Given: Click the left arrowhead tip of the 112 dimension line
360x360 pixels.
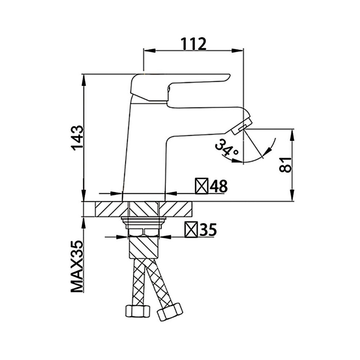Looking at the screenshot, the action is (144, 50).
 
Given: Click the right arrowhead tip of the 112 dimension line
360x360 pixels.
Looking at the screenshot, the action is (243, 50).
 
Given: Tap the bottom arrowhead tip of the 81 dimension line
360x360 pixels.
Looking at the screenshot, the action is (292, 201).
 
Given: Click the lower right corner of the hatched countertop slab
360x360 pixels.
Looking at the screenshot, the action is (192, 216).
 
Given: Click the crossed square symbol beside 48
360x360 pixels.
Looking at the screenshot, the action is (202, 186).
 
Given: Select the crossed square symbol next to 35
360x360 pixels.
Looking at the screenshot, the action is (191, 229).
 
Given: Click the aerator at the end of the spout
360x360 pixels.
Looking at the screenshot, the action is (241, 126).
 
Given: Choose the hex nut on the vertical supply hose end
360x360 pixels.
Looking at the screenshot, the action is (138, 311).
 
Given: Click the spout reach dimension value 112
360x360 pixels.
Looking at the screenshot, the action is (194, 44).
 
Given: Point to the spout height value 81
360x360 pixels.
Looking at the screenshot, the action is (285, 165).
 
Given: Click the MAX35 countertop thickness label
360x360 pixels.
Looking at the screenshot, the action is (77, 266).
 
